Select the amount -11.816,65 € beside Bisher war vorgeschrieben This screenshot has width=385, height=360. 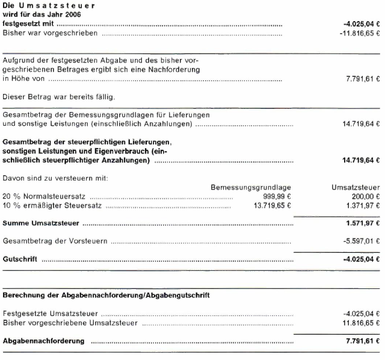(359, 33)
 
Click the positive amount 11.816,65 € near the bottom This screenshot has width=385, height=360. (360, 323)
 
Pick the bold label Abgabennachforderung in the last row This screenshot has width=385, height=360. (44, 341)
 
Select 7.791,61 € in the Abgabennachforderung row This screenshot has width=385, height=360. (363, 341)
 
